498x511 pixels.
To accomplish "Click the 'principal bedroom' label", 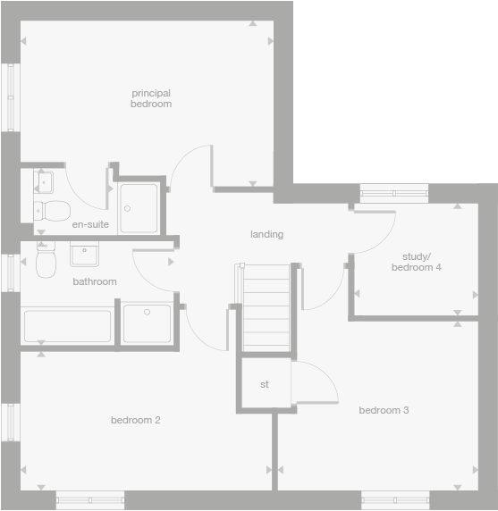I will tap(150, 98).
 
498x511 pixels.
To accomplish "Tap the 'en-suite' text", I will tap(90, 224).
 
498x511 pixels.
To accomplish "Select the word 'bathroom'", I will tap(95, 281).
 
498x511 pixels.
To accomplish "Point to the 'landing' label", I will tap(266, 234).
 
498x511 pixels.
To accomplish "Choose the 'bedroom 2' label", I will tap(135, 420).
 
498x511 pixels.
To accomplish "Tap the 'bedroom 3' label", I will tap(384, 410).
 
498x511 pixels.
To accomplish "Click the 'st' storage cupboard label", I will tap(265, 385).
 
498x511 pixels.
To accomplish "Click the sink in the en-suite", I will tap(44, 182).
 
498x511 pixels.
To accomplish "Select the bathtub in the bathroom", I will tap(67, 325).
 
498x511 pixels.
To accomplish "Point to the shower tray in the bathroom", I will tap(148, 323).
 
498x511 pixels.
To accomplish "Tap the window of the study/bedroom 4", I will tap(393, 190).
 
